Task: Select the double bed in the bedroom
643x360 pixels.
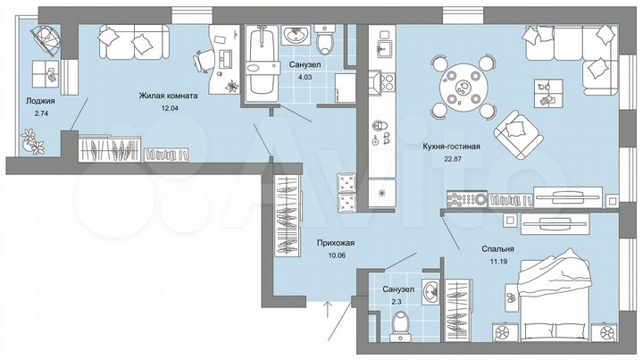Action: click(554, 290)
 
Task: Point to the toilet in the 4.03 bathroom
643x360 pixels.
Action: click(324, 39)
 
